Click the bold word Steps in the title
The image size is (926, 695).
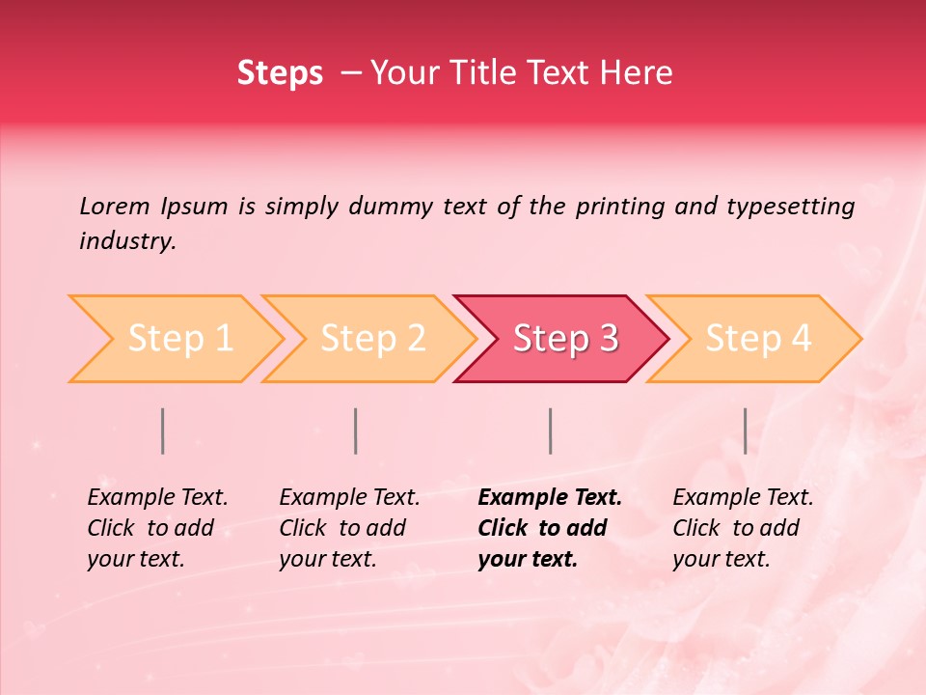click(x=280, y=73)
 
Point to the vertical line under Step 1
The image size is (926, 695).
click(x=163, y=431)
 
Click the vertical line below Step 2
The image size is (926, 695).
click(x=356, y=431)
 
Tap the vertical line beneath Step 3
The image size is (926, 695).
click(x=550, y=431)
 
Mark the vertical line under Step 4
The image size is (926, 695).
click(x=745, y=431)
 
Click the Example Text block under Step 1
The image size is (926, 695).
click(x=157, y=528)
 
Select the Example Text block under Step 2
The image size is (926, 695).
click(x=349, y=528)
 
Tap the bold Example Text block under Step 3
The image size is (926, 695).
click(x=550, y=528)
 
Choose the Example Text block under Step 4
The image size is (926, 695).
click(x=743, y=528)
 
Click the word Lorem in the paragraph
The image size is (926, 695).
click(x=115, y=206)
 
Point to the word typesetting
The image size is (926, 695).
click(x=790, y=207)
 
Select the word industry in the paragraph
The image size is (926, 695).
click(x=127, y=241)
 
